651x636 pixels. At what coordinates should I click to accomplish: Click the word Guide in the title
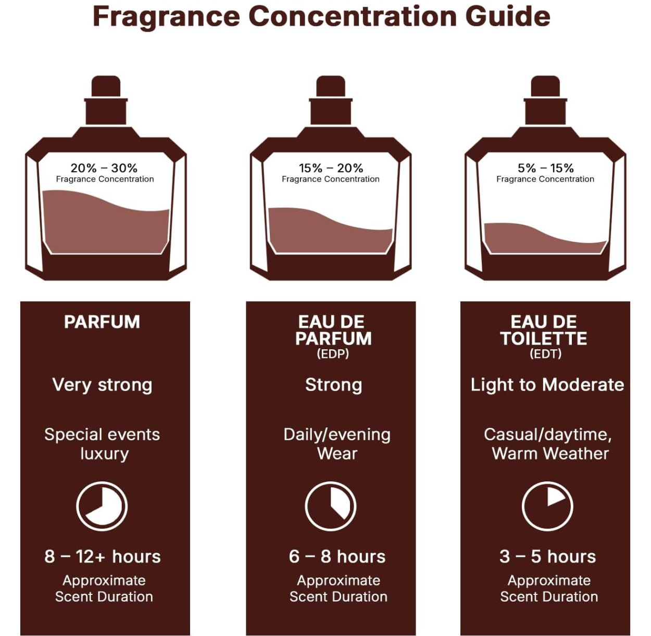pyautogui.click(x=507, y=16)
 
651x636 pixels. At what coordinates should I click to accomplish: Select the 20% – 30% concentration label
pyautogui.click(x=104, y=168)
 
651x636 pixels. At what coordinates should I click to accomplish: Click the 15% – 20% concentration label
pyautogui.click(x=331, y=168)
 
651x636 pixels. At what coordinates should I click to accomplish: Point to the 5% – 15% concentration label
pyautogui.click(x=545, y=168)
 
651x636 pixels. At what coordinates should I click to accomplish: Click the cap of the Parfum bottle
pyautogui.click(x=106, y=86)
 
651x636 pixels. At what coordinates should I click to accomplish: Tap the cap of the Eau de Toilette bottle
pyautogui.click(x=545, y=86)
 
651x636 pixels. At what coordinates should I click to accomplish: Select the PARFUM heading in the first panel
pyautogui.click(x=102, y=322)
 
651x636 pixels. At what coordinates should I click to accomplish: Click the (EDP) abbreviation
pyautogui.click(x=333, y=354)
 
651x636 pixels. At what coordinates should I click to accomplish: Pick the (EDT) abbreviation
pyautogui.click(x=545, y=354)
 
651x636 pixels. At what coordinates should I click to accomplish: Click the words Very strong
pyautogui.click(x=102, y=385)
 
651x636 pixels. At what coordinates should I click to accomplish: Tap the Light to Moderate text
pyautogui.click(x=547, y=385)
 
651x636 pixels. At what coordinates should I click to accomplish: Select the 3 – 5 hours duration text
pyautogui.click(x=548, y=557)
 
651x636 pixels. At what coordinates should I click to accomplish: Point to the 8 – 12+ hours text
pyautogui.click(x=103, y=557)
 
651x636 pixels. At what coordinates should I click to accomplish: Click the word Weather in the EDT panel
pyautogui.click(x=575, y=454)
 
